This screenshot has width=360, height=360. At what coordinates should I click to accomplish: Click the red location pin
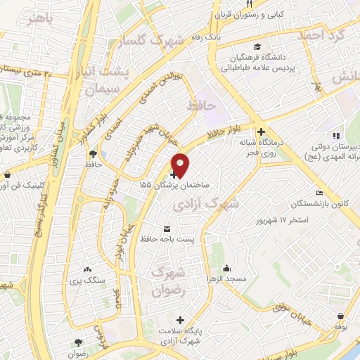pos(180,163)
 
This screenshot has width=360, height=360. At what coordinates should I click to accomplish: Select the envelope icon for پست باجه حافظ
pos(167,229)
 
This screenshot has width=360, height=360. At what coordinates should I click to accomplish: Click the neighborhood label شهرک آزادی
pos(205,204)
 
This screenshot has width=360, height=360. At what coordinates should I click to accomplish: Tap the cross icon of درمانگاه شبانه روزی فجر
pos(261,131)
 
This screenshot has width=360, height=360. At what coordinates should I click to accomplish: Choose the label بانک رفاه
pos(208,37)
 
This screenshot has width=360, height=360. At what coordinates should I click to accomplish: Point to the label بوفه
pos(341,327)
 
